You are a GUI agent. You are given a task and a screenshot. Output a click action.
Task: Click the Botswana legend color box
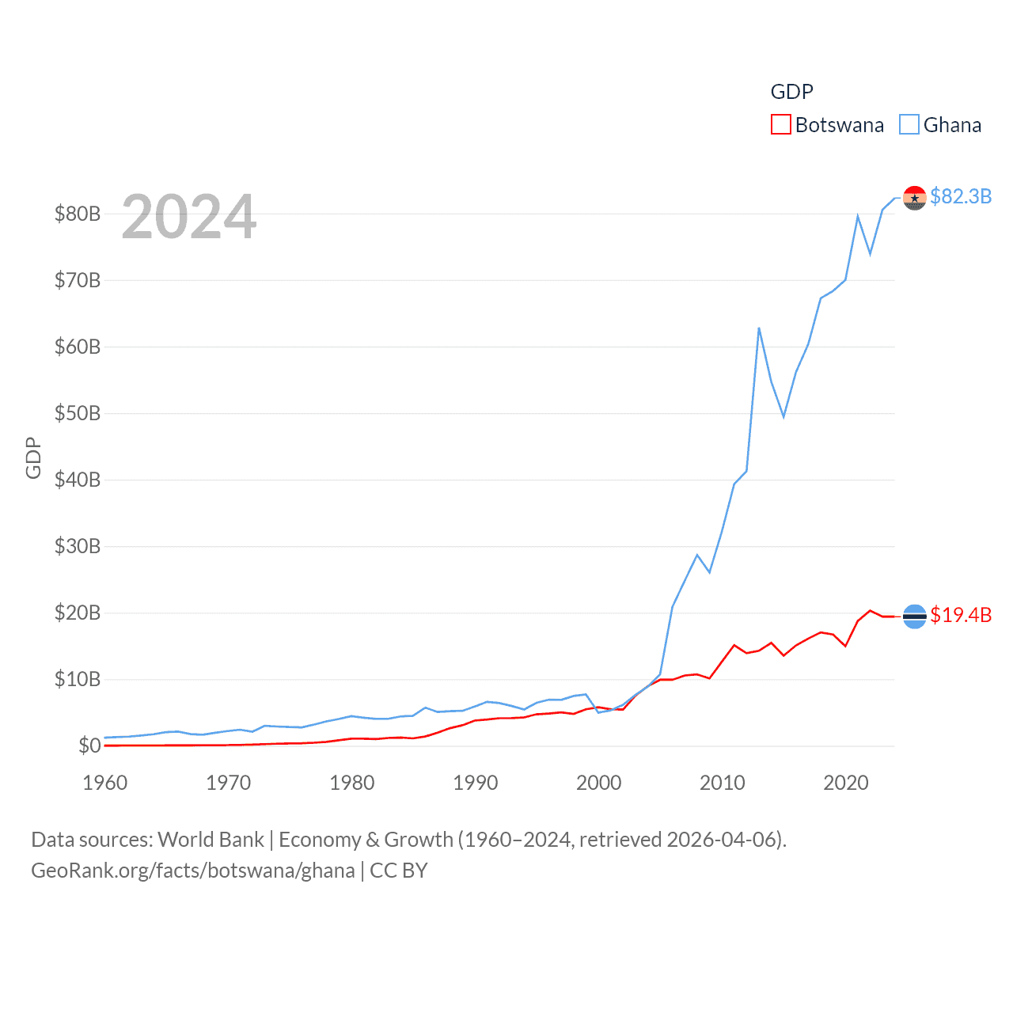[x=780, y=125]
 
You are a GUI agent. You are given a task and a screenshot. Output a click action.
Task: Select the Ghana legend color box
[x=909, y=125]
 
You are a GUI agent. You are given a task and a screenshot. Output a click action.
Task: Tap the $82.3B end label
[x=961, y=196]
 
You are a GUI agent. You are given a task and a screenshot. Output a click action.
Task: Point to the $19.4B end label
[x=961, y=615]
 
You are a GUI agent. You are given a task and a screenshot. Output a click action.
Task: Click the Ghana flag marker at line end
[x=915, y=198]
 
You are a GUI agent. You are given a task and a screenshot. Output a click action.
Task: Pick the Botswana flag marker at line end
[x=915, y=617]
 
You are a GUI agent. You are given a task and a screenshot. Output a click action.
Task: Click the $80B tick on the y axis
[x=78, y=214]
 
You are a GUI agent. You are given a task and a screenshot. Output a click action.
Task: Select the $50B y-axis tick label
[x=78, y=413]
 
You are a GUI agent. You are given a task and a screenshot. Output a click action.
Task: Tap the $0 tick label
[x=89, y=746]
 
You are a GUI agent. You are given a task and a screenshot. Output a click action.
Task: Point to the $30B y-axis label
[x=78, y=546]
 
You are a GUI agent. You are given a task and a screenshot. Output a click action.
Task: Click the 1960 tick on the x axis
[x=105, y=783]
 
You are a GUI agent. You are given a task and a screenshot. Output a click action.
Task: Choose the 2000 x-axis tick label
[x=599, y=783]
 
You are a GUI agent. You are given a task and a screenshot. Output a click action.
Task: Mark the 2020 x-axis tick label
[x=846, y=783]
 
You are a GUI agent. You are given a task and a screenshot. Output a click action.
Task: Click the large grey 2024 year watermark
[x=189, y=217]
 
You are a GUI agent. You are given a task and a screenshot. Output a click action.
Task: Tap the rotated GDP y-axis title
[x=33, y=457]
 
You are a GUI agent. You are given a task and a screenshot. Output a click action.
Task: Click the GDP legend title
[x=791, y=92]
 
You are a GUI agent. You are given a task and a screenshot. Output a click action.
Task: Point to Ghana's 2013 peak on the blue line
[x=759, y=328]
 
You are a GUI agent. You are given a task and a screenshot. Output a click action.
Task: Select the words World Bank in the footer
[x=211, y=840]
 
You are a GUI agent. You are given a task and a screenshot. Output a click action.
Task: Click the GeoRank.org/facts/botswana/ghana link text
[x=193, y=871]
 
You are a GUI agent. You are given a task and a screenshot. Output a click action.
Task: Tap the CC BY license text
[x=399, y=871]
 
